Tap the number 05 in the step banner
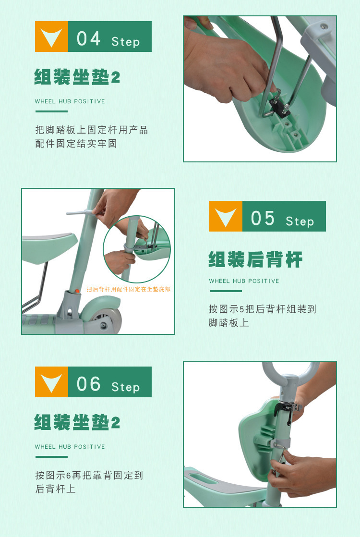(263, 218)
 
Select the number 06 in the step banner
(88, 384)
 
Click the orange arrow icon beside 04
(51, 37)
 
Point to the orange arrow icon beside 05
(226, 216)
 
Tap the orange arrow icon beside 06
(51, 382)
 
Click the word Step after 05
(300, 221)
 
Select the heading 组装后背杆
(255, 259)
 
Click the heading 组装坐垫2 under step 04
(77, 77)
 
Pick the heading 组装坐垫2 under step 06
(77, 422)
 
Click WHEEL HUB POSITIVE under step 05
(244, 281)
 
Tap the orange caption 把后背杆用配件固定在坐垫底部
(129, 289)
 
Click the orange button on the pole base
(77, 291)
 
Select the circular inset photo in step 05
(137, 249)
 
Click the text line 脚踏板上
(228, 323)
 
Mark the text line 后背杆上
(55, 489)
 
